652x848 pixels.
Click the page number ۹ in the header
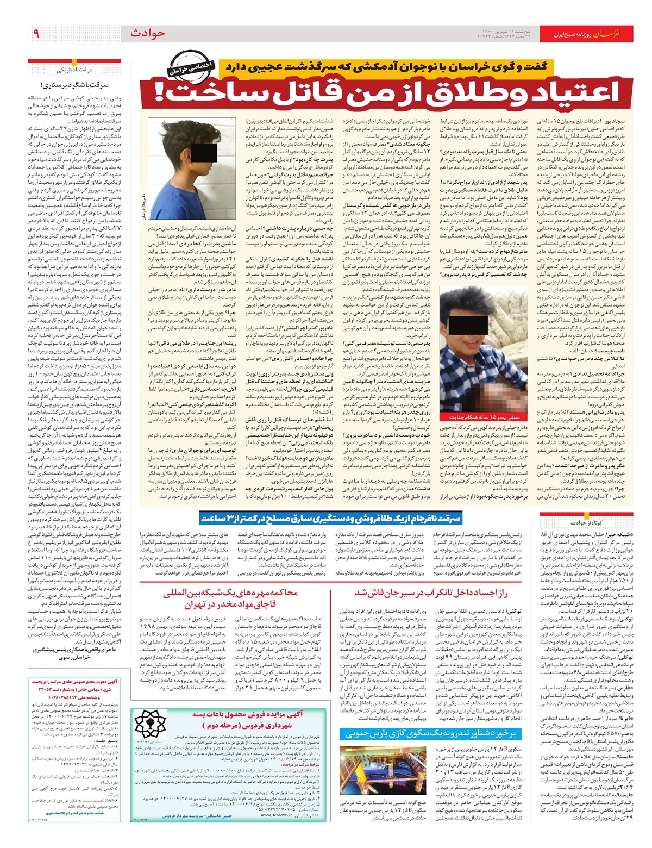(x=36, y=34)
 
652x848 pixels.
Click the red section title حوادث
(x=147, y=34)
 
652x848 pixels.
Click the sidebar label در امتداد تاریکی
(x=75, y=70)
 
